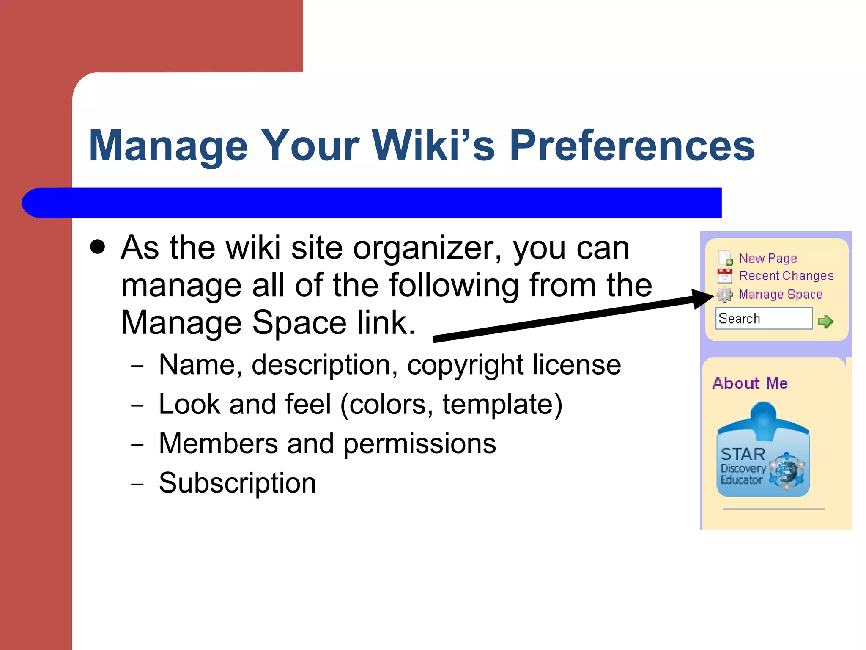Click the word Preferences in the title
632,146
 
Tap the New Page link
767,258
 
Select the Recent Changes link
786,276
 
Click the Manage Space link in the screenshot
780,294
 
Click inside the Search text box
763,318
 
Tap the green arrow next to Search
825,322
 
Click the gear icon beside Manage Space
725,295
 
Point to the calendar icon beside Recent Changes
724,276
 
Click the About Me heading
750,383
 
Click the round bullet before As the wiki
98,248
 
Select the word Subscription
237,483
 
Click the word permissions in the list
419,444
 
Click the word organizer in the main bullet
427,248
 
